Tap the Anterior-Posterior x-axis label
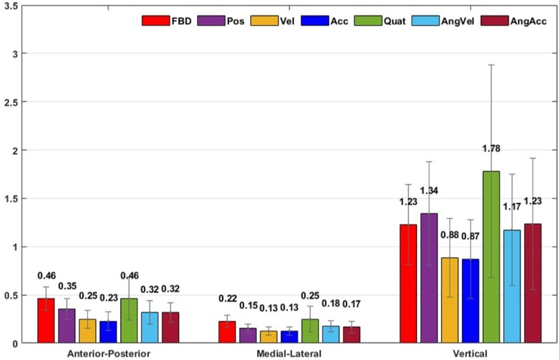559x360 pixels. [108, 354]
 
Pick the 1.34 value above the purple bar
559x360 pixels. [429, 191]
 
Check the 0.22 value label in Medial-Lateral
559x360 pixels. [227, 298]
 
